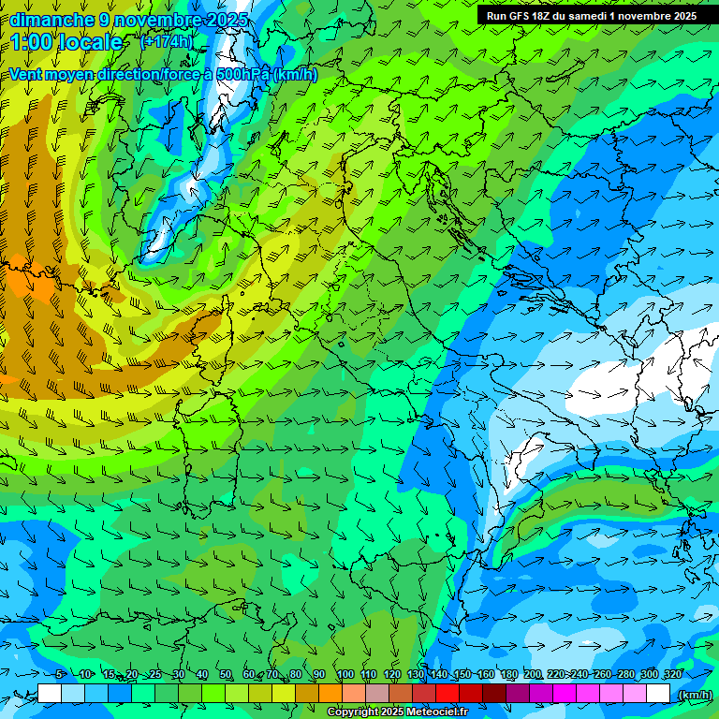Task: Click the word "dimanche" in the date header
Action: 51,20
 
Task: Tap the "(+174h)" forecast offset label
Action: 167,41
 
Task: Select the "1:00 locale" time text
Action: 66,42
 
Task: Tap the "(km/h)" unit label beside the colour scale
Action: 695,694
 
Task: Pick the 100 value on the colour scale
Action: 345,675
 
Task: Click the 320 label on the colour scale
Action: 672,675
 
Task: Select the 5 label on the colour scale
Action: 59,675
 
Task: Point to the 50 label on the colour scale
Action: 226,675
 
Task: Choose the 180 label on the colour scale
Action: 508,675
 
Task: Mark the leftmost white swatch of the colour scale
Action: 50,694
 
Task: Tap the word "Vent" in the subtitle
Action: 26,75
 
